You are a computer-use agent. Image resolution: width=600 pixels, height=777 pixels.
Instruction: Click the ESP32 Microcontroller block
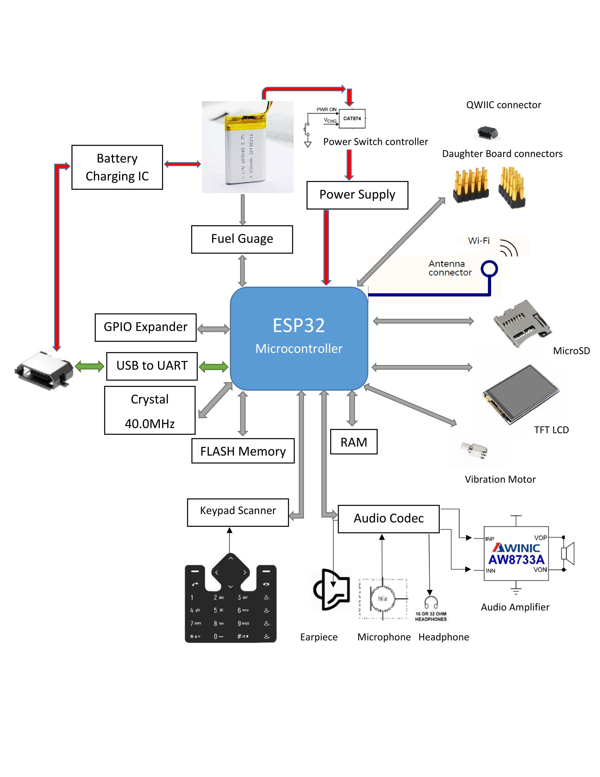(x=298, y=338)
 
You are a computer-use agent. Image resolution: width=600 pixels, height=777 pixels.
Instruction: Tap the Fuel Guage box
(x=242, y=239)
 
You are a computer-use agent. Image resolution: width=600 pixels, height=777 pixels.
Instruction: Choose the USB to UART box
(x=152, y=366)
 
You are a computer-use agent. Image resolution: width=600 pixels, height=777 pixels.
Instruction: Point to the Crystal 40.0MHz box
(x=150, y=410)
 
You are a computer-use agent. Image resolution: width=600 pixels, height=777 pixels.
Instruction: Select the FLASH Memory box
(x=243, y=451)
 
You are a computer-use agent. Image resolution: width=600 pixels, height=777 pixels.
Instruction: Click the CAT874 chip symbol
(x=352, y=118)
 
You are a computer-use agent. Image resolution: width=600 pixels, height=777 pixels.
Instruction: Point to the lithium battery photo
(x=247, y=147)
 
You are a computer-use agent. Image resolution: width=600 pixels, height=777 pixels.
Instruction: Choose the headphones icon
(x=431, y=602)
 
